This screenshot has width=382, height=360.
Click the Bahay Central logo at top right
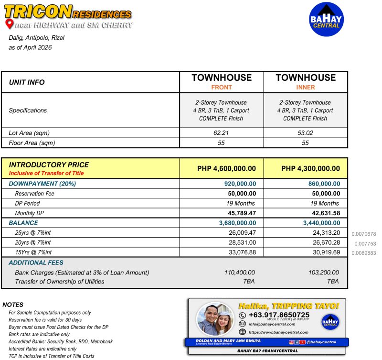[327, 19]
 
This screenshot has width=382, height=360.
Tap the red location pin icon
[9, 24]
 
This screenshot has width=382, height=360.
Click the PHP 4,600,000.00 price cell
[222, 168]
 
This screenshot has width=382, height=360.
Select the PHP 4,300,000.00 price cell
[306, 168]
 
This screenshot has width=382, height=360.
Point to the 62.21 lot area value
[222, 132]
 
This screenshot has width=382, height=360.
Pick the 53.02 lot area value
[306, 132]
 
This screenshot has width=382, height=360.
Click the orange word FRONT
[222, 87]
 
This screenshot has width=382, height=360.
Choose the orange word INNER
[306, 87]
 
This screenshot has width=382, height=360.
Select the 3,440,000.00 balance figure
[321, 223]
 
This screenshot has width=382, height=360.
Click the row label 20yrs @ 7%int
[33, 242]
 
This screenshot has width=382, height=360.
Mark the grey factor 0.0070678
[364, 234]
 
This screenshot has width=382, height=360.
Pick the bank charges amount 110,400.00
[240, 273]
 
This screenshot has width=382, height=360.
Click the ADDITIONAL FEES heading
[36, 262]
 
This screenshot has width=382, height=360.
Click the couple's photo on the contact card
[215, 319]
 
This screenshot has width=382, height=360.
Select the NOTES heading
[13, 305]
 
